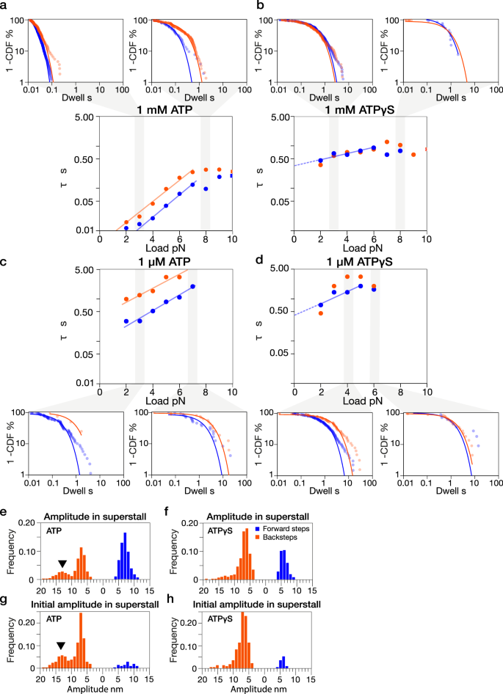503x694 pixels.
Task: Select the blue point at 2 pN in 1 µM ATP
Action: pos(126,321)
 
